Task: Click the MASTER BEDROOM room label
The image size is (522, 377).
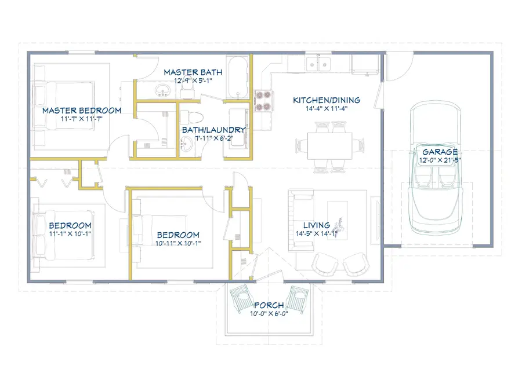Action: click(82, 111)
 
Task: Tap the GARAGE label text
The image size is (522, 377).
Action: click(440, 152)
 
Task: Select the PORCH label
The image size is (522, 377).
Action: click(269, 305)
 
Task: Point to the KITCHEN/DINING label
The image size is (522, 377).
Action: click(327, 100)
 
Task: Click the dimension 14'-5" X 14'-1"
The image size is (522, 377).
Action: click(317, 234)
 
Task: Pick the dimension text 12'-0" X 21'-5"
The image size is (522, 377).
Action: click(440, 160)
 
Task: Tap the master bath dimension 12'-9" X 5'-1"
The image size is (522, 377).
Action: click(193, 80)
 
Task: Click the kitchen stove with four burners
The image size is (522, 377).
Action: click(264, 101)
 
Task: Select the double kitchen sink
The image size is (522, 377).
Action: click(318, 64)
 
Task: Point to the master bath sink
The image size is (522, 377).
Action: click(162, 90)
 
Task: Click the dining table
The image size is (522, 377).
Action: click(330, 146)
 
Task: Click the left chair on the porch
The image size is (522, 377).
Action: click(241, 298)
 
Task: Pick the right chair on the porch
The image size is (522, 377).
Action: click(298, 299)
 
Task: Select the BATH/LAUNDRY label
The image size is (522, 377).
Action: click(213, 130)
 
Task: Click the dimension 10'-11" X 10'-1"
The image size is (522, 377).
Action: click(178, 243)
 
